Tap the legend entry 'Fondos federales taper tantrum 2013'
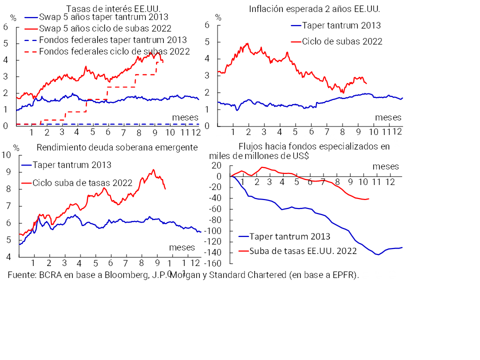pyautogui.click(x=112, y=39)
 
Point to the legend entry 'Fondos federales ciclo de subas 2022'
pyautogui.click(x=114, y=51)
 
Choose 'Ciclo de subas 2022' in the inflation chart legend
pyautogui.click(x=342, y=41)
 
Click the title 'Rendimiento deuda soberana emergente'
pyautogui.click(x=117, y=147)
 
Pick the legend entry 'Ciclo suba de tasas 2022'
pyautogui.click(x=82, y=183)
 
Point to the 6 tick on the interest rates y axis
pyautogui.click(x=6, y=26)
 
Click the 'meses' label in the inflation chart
pyautogui.click(x=388, y=117)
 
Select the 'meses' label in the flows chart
pyautogui.click(x=385, y=165)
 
